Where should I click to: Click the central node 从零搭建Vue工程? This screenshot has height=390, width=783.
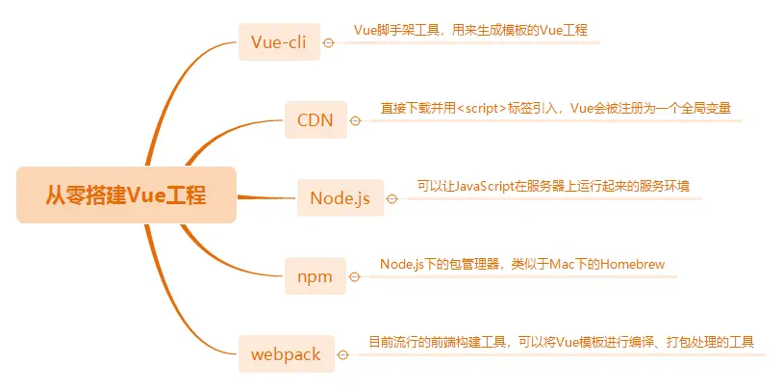[126, 195]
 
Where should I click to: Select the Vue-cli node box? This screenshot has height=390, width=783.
[278, 42]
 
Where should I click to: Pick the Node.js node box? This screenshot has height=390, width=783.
[340, 198]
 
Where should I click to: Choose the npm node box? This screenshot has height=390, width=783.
[315, 277]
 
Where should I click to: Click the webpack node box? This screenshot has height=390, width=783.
[286, 354]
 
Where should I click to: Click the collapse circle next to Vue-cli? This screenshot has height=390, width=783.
[329, 42]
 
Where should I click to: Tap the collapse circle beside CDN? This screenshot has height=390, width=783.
[355, 120]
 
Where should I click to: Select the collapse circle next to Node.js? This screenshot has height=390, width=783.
[391, 199]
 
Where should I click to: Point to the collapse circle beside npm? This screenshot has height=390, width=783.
[354, 277]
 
